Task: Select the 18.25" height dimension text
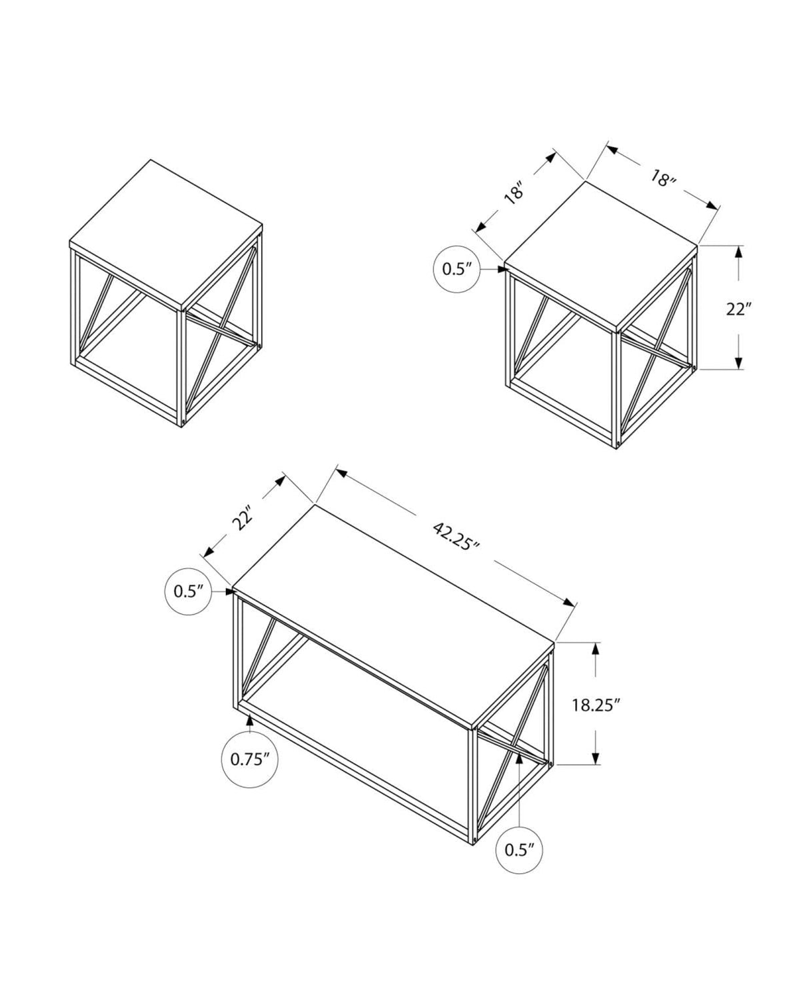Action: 596,705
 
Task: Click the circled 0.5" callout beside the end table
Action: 456,268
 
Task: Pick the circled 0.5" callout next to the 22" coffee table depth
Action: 188,591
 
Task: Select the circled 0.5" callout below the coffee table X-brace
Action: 520,849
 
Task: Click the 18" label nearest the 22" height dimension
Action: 664,178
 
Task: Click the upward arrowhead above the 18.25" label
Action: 596,648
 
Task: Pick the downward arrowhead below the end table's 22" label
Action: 739,362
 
